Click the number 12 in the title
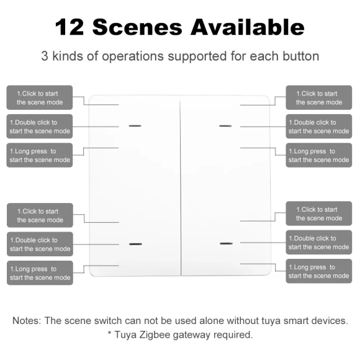(x=70, y=27)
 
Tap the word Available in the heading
(x=248, y=27)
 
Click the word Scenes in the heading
(x=137, y=27)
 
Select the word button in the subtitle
(x=301, y=56)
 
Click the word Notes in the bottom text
(x=27, y=320)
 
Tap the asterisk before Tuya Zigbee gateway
(x=110, y=333)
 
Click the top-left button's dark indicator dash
(x=135, y=126)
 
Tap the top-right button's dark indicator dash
(x=225, y=126)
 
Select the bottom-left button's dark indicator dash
(x=135, y=244)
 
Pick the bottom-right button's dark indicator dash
(x=226, y=243)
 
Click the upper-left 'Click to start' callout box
(x=40, y=97)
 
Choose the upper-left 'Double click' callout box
(x=40, y=127)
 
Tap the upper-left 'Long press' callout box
(x=40, y=155)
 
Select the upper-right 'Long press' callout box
(x=318, y=155)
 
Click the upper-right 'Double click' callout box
(x=318, y=127)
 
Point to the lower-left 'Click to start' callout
(x=40, y=215)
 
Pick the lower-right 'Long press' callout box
(x=318, y=271)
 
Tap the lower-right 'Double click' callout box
(x=318, y=243)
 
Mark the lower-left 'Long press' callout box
(x=40, y=273)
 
